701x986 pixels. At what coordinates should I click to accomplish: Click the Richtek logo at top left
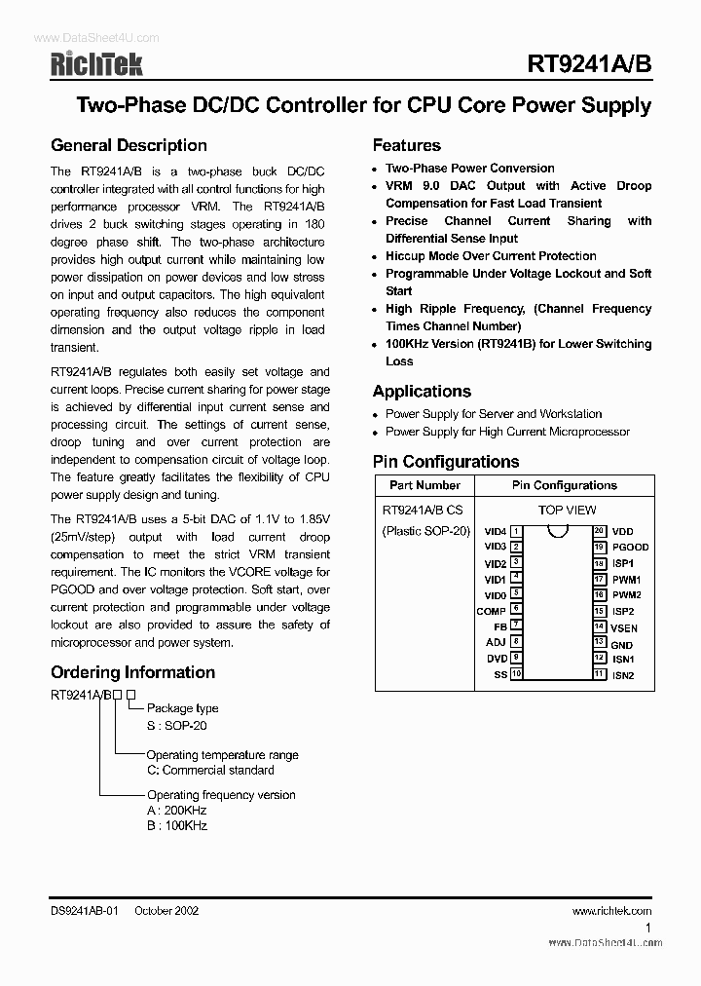click(96, 64)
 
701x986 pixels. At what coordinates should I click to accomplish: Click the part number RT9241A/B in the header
click(589, 64)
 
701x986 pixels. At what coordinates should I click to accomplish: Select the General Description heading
click(129, 146)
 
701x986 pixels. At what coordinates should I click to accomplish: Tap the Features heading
click(406, 146)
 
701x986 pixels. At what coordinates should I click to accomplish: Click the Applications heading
click(422, 392)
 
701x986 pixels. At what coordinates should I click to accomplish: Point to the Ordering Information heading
click(132, 672)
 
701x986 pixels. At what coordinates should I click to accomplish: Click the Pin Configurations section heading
click(446, 462)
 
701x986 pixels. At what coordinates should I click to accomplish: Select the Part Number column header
click(424, 485)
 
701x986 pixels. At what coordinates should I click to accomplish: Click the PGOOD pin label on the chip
click(630, 548)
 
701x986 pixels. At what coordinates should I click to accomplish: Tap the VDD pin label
click(622, 532)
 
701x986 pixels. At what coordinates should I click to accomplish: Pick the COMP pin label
click(491, 611)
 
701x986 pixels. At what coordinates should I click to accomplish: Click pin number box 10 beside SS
click(516, 674)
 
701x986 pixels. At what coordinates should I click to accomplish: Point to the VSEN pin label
click(625, 628)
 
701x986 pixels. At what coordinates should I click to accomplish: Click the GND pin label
click(622, 645)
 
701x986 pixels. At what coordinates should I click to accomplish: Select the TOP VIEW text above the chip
click(567, 510)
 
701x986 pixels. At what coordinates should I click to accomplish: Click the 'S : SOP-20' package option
click(176, 726)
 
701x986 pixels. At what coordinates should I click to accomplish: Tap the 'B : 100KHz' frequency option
click(177, 825)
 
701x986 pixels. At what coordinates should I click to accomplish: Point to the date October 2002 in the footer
click(166, 911)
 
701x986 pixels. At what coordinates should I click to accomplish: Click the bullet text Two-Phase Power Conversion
click(470, 169)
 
